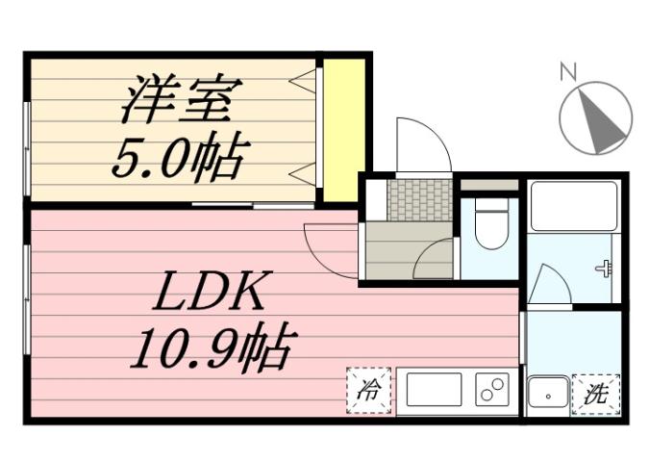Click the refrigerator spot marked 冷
point(368,392)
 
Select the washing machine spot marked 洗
point(596,393)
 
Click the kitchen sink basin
point(434,391)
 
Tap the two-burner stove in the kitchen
point(491,391)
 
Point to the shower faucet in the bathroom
point(604,269)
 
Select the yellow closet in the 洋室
point(343,130)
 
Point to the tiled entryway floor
point(416,198)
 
